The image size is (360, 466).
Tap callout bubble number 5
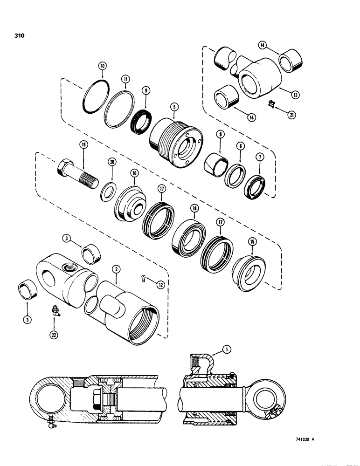coord(173,107)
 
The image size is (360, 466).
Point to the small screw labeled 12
coord(143,279)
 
